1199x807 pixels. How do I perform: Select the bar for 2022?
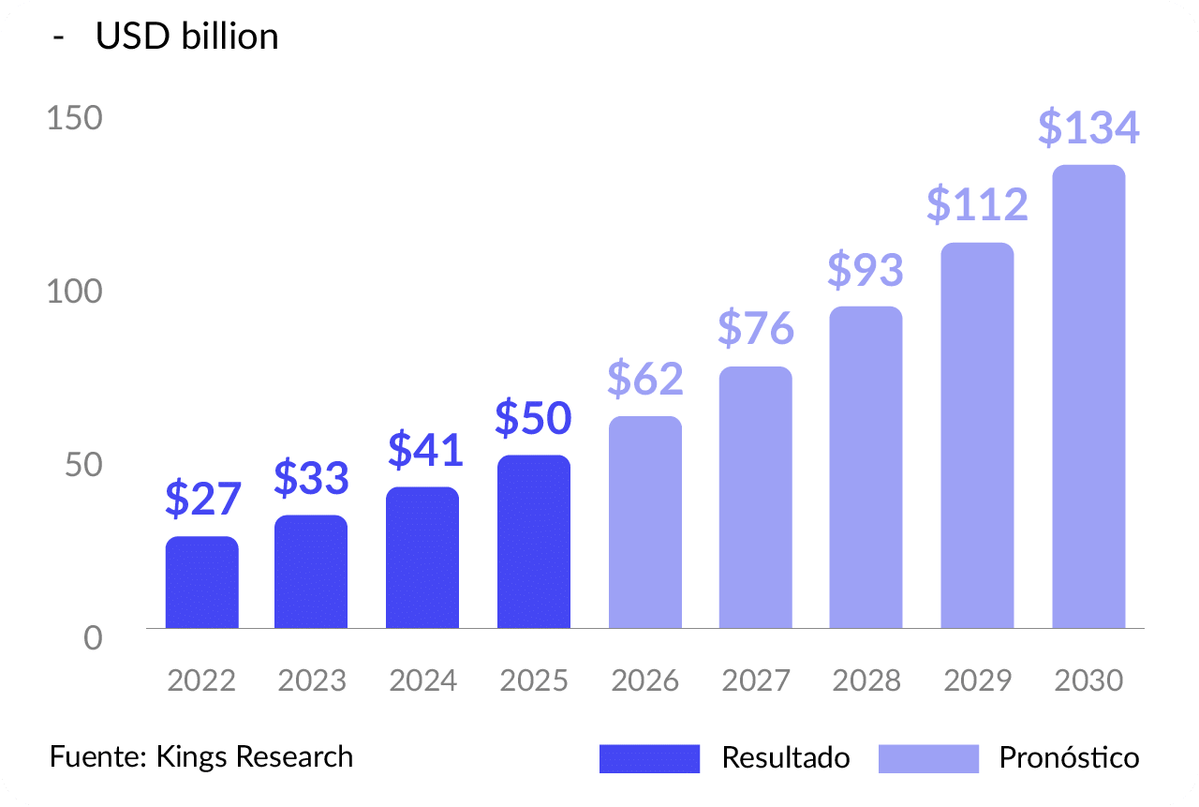[x=202, y=582]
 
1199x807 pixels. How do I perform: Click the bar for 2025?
[x=534, y=542]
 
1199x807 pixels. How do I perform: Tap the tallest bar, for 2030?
[x=1088, y=396]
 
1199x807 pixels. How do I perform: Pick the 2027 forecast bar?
[x=756, y=497]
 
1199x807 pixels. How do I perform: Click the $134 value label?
[x=1088, y=128]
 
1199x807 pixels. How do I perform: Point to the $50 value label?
[x=533, y=418]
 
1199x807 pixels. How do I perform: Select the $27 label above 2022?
[x=203, y=499]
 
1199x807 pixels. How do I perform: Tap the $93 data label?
[x=866, y=270]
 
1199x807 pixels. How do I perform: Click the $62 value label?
[x=645, y=378]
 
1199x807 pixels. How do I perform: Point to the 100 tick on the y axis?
[x=75, y=291]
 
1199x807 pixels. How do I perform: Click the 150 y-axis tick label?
[x=75, y=119]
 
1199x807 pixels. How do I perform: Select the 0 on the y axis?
[x=93, y=638]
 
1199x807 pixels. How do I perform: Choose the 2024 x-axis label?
[x=423, y=680]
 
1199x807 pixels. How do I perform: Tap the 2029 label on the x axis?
[x=978, y=680]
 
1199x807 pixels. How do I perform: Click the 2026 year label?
[x=644, y=680]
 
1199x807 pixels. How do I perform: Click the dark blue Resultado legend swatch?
[x=649, y=758]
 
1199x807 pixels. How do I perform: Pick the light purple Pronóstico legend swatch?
[x=928, y=758]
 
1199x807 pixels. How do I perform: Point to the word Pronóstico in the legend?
[x=1070, y=757]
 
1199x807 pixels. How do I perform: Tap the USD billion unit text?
[x=187, y=37]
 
